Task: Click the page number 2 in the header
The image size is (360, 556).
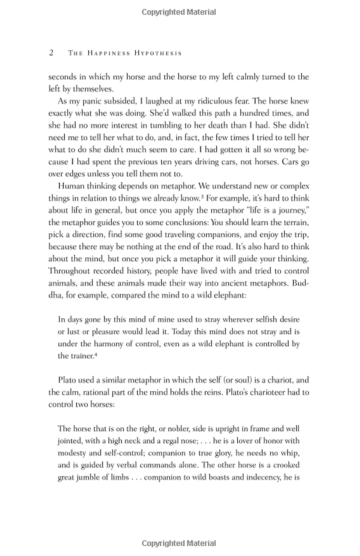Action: tap(51, 53)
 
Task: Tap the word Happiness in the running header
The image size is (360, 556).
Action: tap(109, 53)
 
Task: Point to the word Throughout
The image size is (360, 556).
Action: tap(69, 271)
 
